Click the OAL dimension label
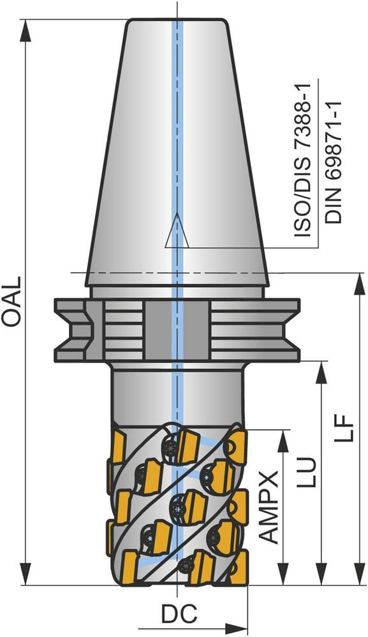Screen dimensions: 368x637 (x=11, y=301)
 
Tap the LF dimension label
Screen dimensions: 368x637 (x=342, y=428)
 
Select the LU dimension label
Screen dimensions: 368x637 (x=305, y=472)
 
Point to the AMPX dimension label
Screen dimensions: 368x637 (x=269, y=507)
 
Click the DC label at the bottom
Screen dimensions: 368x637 (x=179, y=614)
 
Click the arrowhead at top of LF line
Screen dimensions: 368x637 (x=359, y=283)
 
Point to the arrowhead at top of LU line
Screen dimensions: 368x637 (x=321, y=372)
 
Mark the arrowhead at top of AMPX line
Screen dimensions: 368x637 (x=283, y=440)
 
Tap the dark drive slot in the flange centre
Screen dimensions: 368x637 (x=177, y=330)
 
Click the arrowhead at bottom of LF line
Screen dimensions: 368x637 (x=359, y=574)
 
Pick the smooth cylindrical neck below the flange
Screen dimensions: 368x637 (x=177, y=395)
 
